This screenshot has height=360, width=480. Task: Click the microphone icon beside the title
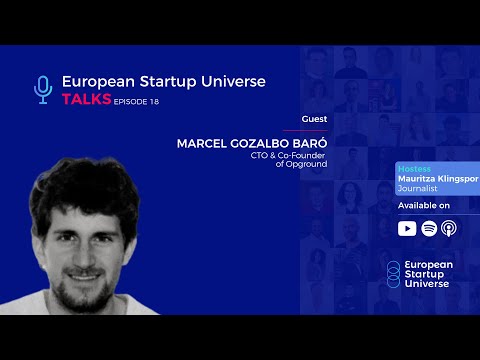coord(42,89)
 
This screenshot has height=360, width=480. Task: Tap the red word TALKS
coord(85,100)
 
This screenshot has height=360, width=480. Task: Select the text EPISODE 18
coord(136,101)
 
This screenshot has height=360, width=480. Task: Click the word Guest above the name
coord(313,118)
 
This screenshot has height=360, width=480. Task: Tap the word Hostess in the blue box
coord(413,169)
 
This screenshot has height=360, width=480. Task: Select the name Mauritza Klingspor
coord(438,178)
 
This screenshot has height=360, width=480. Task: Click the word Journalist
coord(417,187)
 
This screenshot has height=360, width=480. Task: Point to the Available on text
coord(424,205)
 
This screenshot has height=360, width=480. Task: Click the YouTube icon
coord(407,228)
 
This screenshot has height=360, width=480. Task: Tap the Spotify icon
coord(429,228)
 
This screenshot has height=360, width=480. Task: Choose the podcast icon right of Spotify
coord(449,228)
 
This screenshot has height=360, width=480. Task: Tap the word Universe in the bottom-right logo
coord(427,283)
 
